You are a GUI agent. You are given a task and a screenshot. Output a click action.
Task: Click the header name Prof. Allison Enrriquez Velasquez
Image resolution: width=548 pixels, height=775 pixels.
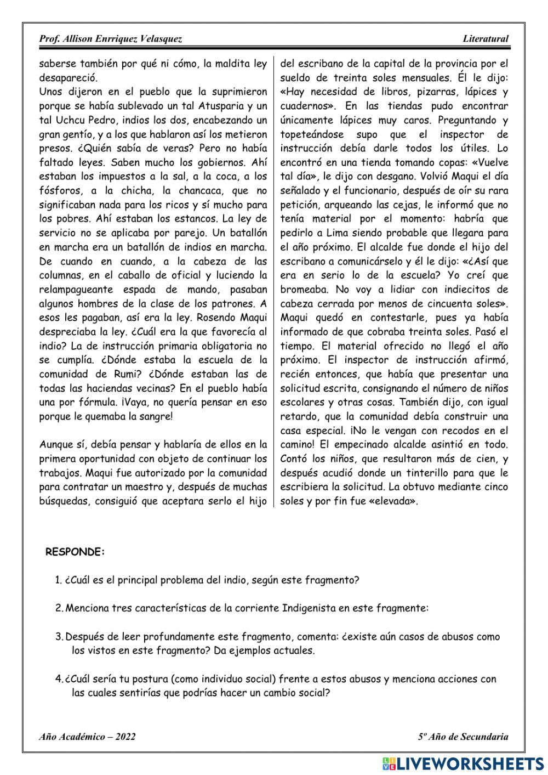pos(111,39)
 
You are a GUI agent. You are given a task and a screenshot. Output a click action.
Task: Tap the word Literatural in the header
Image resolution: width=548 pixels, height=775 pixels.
pos(485,39)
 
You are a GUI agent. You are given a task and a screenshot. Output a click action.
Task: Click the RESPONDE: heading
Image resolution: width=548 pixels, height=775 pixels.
pos(75,552)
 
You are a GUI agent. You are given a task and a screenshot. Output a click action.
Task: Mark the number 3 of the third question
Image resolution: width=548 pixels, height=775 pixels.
pos(59,637)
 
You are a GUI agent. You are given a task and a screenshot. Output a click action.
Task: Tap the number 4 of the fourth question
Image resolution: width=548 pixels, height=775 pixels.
pos(59,679)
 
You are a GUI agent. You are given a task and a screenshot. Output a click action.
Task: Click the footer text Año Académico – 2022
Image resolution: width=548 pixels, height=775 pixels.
pos(87,737)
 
